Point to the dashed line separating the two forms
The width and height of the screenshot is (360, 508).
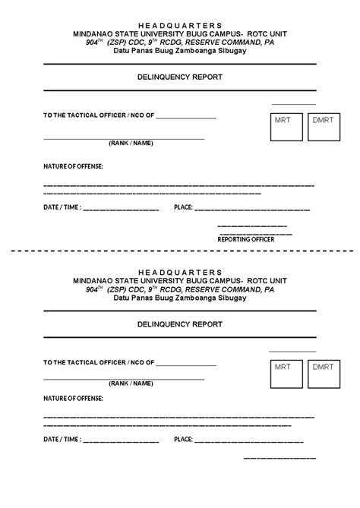(180, 250)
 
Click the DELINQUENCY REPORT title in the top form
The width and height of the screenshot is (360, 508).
(180, 77)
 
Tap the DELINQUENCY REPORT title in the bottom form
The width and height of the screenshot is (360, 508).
(180, 323)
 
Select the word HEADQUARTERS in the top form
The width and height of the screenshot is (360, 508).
(180, 25)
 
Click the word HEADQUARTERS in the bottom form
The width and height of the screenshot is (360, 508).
(180, 271)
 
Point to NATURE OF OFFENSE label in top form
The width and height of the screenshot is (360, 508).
(73, 166)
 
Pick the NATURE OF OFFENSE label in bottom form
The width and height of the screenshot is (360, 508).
(73, 397)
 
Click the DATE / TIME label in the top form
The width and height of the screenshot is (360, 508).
(62, 207)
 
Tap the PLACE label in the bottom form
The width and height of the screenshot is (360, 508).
(183, 439)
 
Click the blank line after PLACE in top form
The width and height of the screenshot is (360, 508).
(253, 208)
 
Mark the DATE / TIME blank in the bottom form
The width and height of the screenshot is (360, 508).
(121, 440)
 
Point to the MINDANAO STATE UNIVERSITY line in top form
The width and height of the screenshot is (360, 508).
(180, 35)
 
